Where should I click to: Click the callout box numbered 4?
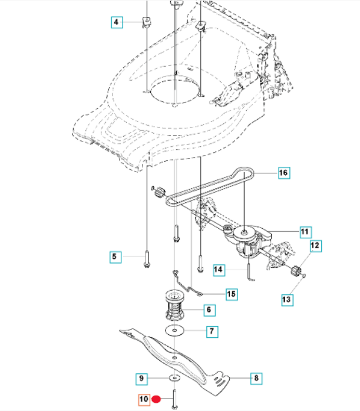117,22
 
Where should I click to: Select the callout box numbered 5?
115,257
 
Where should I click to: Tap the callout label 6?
209,310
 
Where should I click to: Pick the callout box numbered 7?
212,331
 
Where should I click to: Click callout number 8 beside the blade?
256,378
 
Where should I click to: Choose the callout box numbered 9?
141,379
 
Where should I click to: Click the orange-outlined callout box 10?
144,400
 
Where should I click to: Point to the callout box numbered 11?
306,232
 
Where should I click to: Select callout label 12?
316,246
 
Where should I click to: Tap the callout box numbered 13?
287,300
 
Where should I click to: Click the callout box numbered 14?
219,270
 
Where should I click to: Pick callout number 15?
232,294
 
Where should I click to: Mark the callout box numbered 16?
284,173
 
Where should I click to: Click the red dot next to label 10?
156,399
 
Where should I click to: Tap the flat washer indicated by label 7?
174,331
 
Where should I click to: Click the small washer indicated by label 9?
174,378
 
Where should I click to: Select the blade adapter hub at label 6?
174,305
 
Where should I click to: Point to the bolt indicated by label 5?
147,259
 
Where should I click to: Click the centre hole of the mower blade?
174,357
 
